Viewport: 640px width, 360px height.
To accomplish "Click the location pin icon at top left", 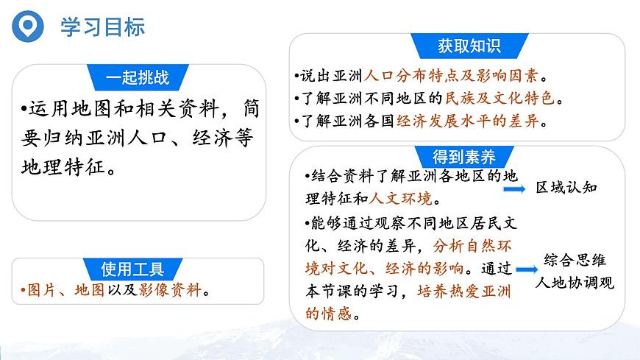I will [27, 27].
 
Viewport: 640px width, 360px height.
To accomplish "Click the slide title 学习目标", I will [102, 27].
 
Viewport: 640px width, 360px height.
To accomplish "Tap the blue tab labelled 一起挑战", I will [138, 77].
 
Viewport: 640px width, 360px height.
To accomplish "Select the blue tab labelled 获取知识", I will [469, 46].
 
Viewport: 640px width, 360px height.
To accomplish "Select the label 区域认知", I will [566, 188].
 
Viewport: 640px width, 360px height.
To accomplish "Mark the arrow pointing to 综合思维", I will [527, 271].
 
